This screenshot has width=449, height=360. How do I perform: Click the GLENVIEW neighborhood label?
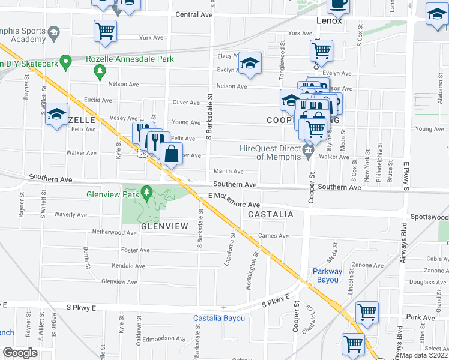(165, 226)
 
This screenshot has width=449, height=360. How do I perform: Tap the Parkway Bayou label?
(327, 275)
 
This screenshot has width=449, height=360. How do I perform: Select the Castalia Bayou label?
(218, 318)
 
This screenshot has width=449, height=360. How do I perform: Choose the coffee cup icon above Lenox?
(338, 4)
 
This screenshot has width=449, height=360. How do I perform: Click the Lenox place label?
(330, 20)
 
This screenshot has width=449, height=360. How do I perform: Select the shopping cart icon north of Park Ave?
(367, 311)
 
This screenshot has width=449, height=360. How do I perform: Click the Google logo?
(20, 353)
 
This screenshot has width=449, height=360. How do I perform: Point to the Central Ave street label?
(194, 14)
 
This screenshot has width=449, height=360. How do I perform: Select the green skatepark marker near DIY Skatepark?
(65, 61)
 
